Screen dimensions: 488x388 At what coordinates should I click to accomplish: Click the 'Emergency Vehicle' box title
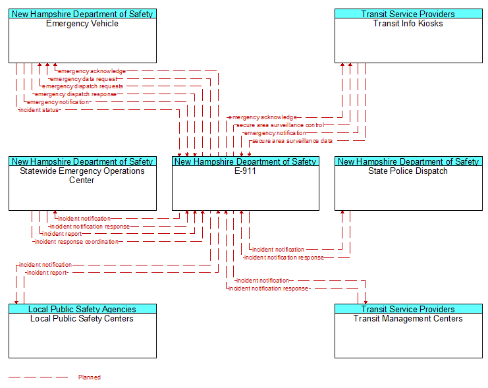82,24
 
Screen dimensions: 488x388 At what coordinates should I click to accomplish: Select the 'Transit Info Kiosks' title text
408,24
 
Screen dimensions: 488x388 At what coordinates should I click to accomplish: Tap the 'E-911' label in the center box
245,171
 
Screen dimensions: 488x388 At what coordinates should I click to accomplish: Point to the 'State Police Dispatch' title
408,171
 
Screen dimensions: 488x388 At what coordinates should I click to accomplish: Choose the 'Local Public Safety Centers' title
82,319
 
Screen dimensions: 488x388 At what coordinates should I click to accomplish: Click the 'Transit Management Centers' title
408,319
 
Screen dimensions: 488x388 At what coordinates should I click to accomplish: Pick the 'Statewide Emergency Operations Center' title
82,176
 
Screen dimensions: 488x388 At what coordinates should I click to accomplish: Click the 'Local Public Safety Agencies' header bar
82,309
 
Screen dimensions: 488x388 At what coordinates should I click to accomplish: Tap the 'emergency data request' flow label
84,79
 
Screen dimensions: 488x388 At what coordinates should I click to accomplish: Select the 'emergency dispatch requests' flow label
82,86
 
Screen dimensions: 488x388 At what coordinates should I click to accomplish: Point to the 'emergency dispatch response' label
76,94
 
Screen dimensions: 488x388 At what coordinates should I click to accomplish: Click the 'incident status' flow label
39,110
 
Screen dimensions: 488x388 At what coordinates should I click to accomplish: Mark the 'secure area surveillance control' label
280,125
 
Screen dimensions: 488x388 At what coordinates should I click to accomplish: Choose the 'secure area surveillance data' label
292,141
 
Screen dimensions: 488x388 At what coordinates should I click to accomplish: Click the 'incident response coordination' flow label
76,242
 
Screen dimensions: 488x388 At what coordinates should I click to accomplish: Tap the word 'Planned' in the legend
90,377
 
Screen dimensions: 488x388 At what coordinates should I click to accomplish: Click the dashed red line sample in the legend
38,377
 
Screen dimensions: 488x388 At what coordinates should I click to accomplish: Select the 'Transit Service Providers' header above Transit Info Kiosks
408,14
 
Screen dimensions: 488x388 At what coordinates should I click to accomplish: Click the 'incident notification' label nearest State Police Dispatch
278,250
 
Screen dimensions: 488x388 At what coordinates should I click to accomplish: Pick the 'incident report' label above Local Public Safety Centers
47,273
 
